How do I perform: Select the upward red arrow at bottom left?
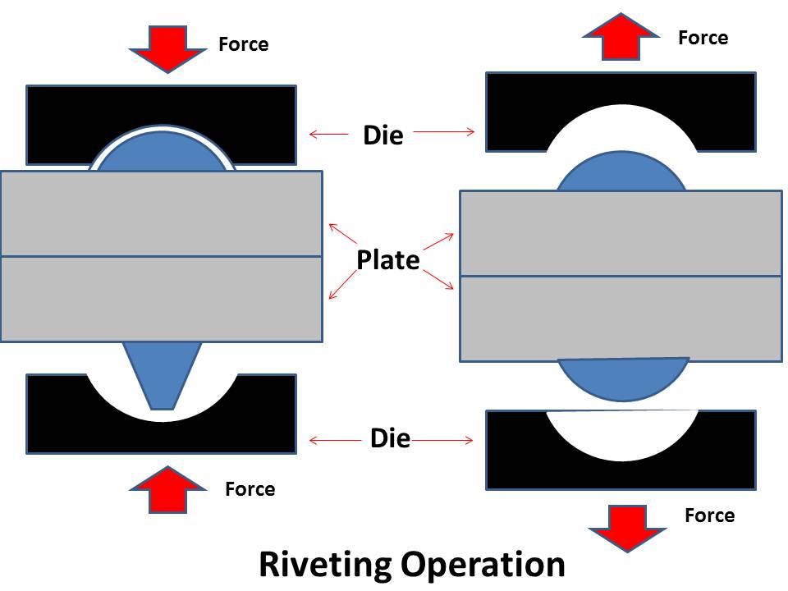pyautogui.click(x=167, y=489)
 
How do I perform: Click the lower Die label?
pyautogui.click(x=390, y=438)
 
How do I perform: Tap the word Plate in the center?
pyautogui.click(x=388, y=260)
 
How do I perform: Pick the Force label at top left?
pyautogui.click(x=244, y=44)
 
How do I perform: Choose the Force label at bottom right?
pyautogui.click(x=710, y=515)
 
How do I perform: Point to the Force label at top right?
pyautogui.click(x=703, y=38)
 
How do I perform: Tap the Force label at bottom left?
pyautogui.click(x=250, y=489)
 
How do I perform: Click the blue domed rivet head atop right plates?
pyautogui.click(x=621, y=173)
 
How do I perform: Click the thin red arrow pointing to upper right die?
pyautogui.click(x=447, y=131)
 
